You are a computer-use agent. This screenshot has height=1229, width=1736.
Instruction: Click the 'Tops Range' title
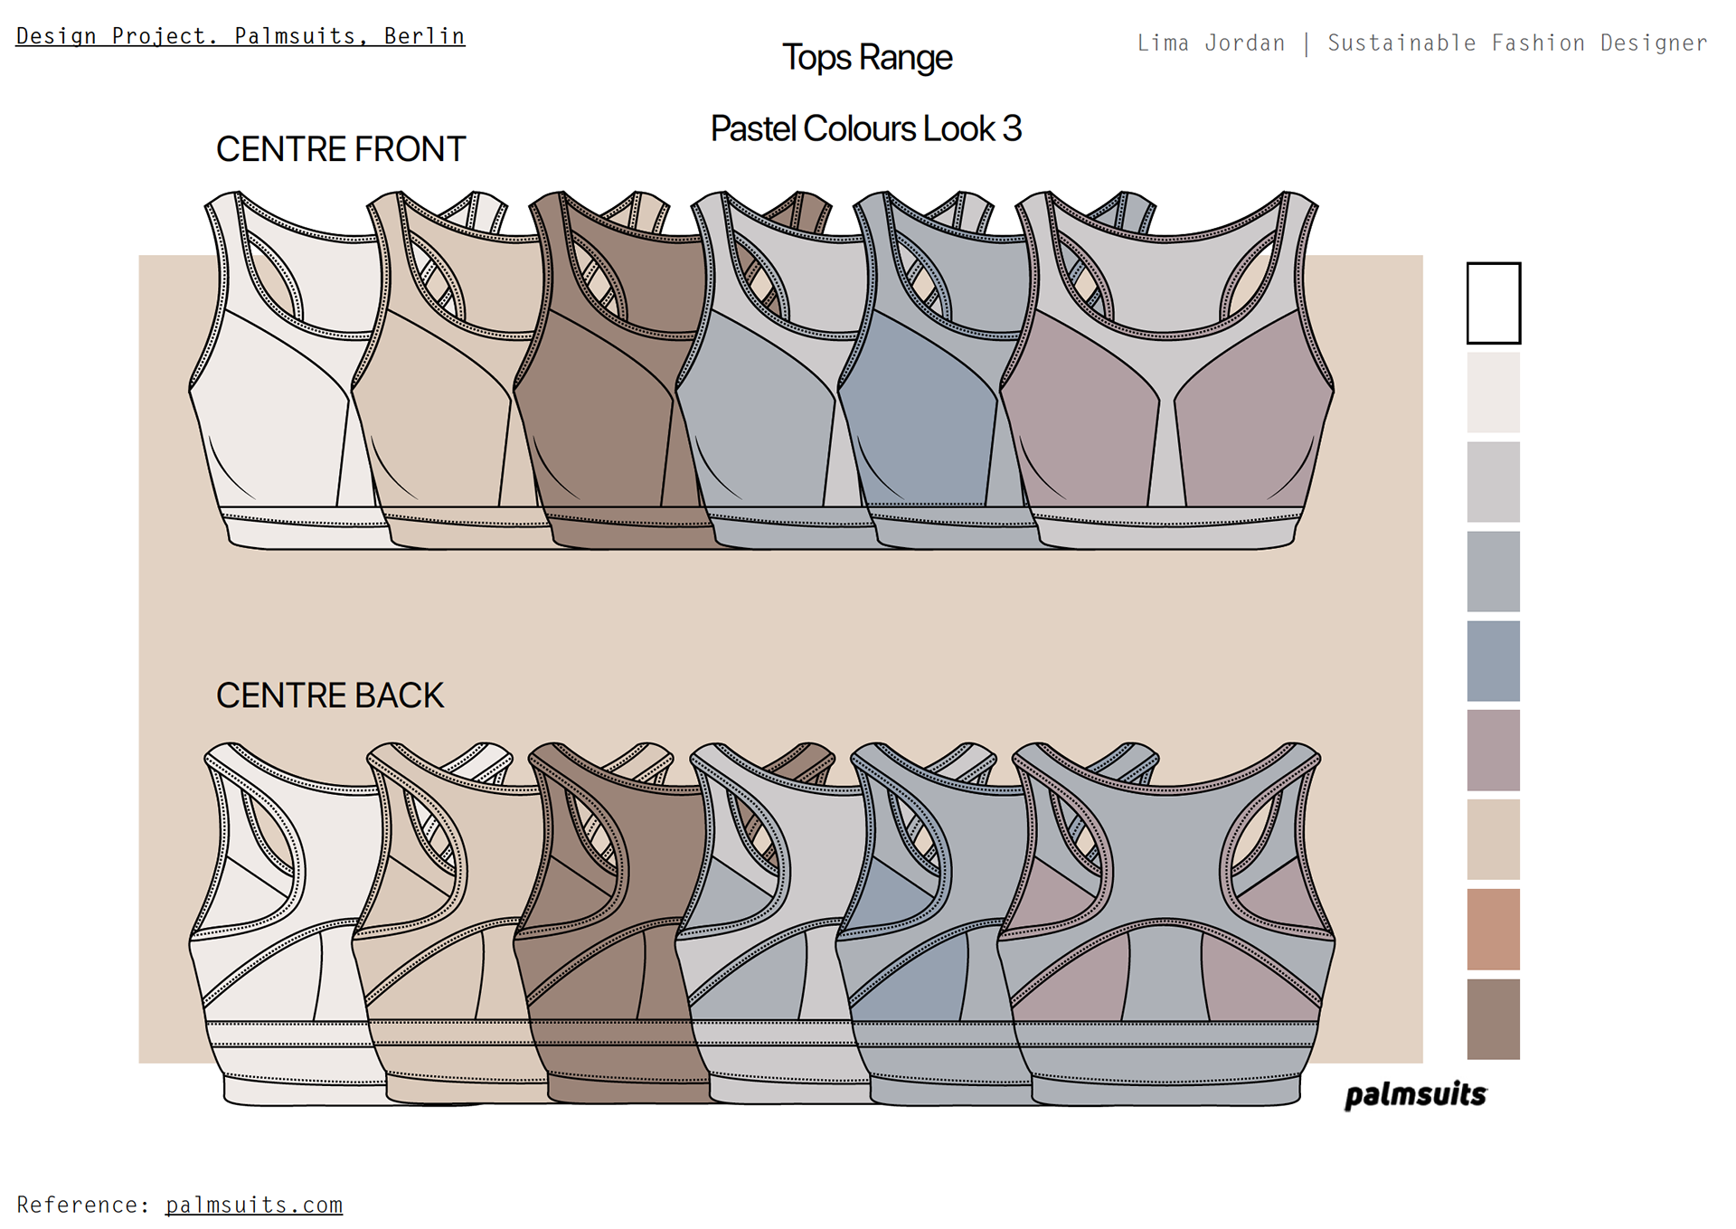click(x=866, y=58)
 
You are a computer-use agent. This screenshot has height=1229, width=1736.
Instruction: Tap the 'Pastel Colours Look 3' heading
click(x=865, y=128)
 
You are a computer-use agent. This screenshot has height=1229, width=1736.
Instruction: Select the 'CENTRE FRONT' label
click(x=340, y=149)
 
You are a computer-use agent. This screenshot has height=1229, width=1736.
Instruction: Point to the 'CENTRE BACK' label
click(x=330, y=695)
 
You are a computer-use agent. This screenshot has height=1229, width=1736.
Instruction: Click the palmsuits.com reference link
click(x=254, y=1205)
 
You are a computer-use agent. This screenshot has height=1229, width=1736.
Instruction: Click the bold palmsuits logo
click(x=1415, y=1095)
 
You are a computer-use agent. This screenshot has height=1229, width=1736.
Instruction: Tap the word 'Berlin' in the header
click(x=424, y=36)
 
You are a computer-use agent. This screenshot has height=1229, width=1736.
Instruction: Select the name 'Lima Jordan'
click(x=1211, y=43)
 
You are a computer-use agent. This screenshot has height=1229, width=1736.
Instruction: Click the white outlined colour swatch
click(x=1493, y=303)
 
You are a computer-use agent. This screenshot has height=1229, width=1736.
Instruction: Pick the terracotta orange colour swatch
click(x=1493, y=929)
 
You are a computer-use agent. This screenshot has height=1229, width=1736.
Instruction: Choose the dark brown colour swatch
click(x=1493, y=1018)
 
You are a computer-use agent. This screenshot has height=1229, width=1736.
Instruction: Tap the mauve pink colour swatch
click(x=1493, y=750)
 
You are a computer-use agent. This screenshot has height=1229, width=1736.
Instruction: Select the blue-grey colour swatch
click(x=1493, y=660)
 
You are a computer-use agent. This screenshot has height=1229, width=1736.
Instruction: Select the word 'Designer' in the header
click(x=1654, y=43)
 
